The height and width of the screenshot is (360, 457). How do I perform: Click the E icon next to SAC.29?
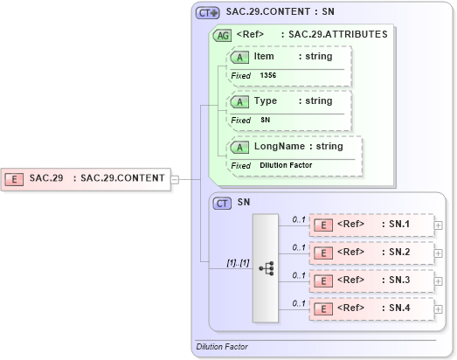[15, 178]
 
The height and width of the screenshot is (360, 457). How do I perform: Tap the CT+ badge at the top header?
[207, 13]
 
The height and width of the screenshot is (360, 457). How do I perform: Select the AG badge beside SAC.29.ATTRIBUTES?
[223, 36]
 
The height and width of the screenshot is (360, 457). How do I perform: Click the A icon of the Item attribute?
[239, 57]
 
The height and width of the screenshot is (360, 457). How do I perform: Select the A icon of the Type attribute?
[239, 101]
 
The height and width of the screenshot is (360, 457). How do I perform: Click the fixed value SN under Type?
[266, 120]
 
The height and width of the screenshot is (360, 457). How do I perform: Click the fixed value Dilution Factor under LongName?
[286, 164]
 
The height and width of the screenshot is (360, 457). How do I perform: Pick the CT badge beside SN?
[223, 203]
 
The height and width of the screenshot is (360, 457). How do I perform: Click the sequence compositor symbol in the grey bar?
[266, 268]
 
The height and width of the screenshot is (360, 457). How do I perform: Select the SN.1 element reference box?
[372, 225]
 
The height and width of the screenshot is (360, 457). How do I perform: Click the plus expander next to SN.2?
[450, 253]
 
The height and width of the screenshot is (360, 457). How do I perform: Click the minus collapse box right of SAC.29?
[175, 179]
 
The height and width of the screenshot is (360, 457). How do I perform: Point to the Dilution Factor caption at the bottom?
[223, 347]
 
